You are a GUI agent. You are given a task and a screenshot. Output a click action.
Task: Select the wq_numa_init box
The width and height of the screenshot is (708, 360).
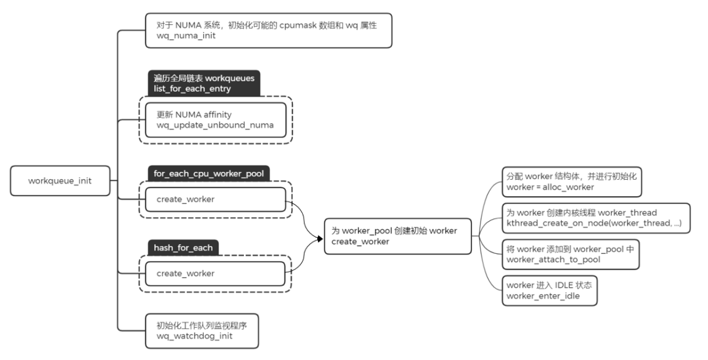point(268,30)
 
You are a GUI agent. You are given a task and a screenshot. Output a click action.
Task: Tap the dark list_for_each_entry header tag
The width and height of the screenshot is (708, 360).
point(203,83)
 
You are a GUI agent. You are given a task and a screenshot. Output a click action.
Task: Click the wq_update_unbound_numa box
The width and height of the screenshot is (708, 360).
point(216,120)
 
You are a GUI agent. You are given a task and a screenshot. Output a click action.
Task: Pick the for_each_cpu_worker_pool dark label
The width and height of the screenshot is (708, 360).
point(208,174)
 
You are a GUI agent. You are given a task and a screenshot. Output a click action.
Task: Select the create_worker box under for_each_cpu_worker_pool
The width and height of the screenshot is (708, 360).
point(216,199)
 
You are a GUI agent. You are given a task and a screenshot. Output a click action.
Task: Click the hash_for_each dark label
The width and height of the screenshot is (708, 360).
point(183,248)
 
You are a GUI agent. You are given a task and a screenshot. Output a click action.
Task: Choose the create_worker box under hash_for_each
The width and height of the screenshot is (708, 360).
point(216,273)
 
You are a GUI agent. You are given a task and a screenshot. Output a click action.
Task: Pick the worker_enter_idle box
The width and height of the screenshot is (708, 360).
point(560,290)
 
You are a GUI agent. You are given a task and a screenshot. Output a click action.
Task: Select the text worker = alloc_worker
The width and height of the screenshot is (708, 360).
point(549,188)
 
